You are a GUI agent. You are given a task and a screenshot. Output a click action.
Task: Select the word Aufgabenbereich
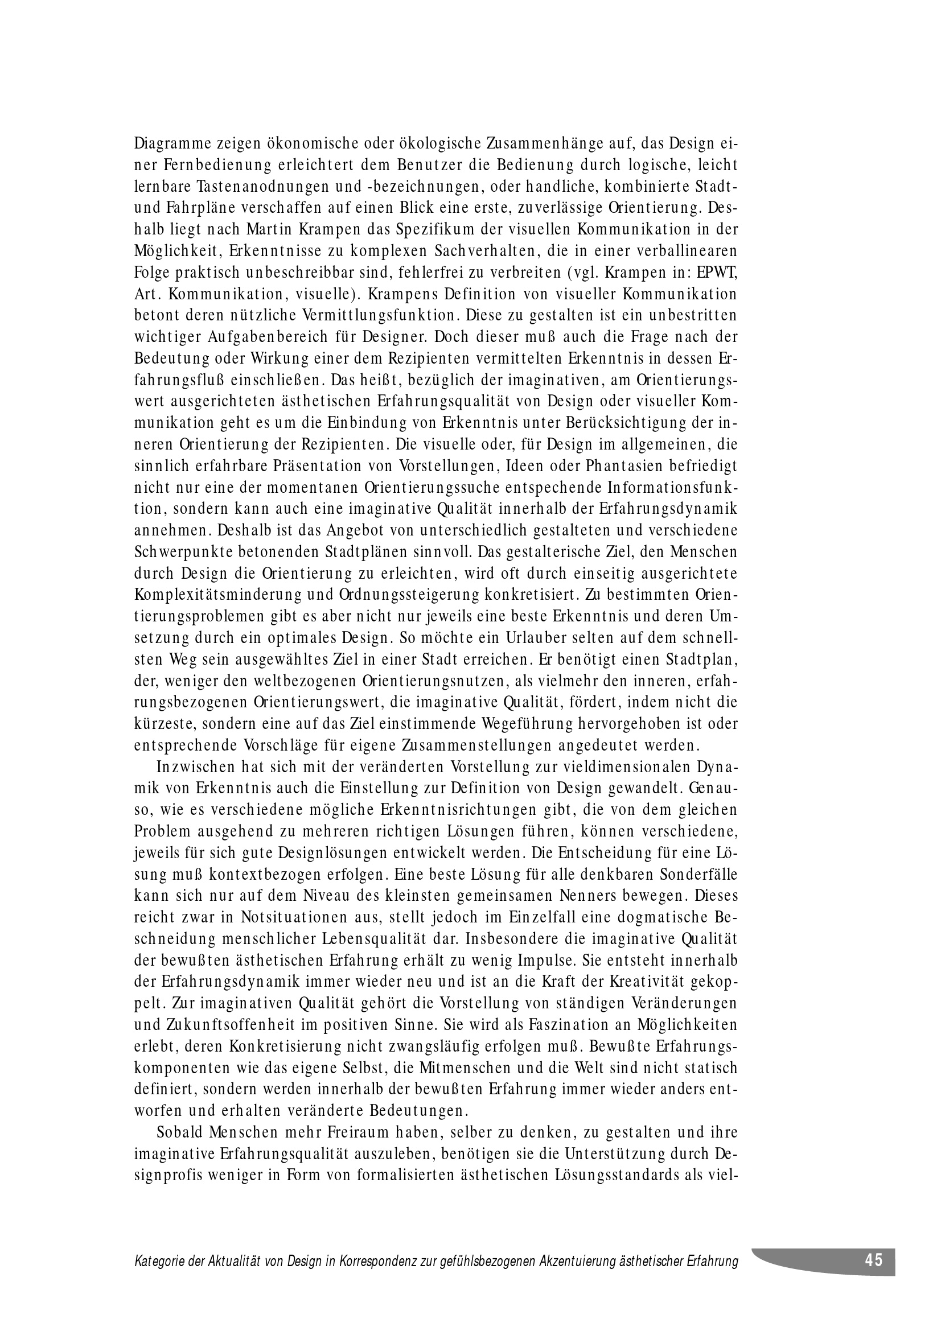[x=252, y=338]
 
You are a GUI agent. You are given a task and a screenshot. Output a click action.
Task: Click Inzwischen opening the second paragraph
[x=195, y=769]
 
